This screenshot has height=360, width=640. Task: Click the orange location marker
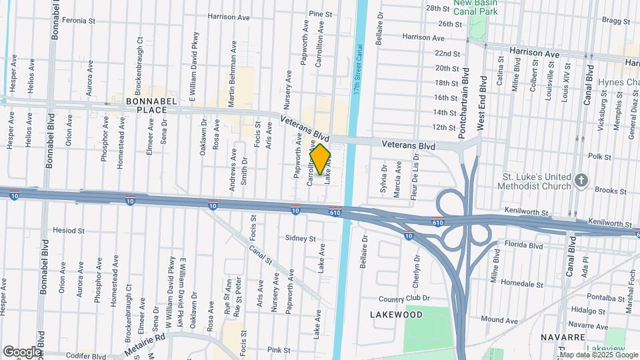tap(320, 159)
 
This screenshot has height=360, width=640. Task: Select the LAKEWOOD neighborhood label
tap(397, 314)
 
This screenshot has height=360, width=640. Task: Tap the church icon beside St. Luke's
tap(581, 181)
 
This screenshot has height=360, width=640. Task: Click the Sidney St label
tap(300, 238)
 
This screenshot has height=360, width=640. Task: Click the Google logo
tap(22, 351)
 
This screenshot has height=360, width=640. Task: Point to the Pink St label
tap(279, 349)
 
